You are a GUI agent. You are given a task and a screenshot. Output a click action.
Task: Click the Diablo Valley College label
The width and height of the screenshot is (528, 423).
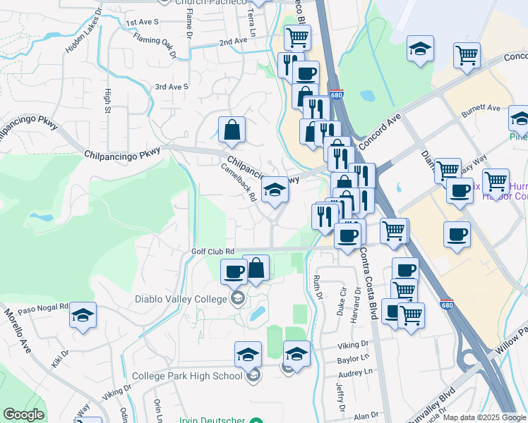pos(181,299)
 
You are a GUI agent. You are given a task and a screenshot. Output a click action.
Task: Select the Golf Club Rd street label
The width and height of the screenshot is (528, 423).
pos(212,251)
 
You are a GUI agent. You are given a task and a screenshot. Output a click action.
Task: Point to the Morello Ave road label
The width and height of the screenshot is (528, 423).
pos(19,331)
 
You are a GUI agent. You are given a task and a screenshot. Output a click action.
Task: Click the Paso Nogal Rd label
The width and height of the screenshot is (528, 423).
pos(42,308)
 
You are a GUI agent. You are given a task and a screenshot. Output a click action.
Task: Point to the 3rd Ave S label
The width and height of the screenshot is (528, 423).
pos(172,87)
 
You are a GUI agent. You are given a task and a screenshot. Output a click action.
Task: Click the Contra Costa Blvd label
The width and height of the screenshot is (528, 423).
pos(368,282)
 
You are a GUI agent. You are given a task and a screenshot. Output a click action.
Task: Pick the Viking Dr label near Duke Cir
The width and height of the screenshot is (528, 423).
pos(353,345)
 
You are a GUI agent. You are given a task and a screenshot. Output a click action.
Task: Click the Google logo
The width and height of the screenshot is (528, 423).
pos(23,415)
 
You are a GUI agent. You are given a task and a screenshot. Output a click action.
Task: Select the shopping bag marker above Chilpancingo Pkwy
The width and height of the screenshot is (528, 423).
pos(232,130)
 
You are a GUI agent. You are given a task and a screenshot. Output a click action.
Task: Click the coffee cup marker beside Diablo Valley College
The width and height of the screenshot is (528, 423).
pos(234,271)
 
